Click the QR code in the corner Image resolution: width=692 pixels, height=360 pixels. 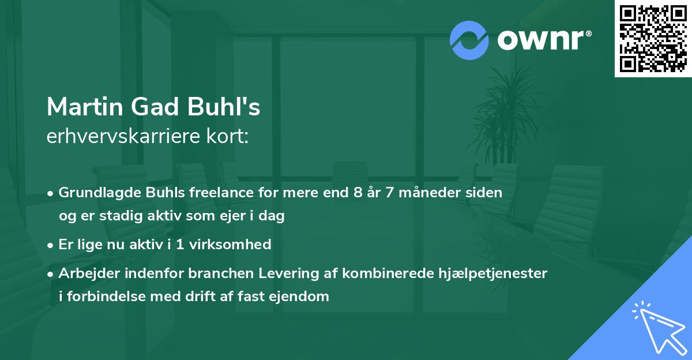pos(653,39)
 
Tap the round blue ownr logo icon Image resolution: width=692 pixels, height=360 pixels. pos(469,40)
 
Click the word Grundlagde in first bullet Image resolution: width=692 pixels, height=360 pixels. pos(95,193)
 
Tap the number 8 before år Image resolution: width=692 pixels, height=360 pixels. pos(359,193)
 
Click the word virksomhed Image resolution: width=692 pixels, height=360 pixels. pos(230,245)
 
